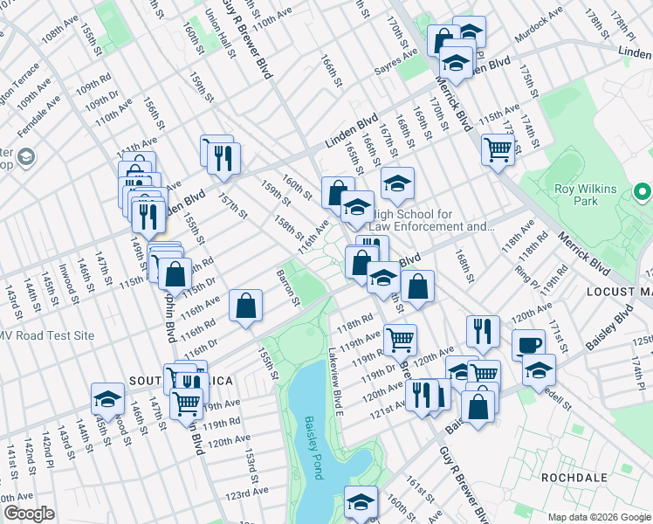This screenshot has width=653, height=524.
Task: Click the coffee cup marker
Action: [527, 344]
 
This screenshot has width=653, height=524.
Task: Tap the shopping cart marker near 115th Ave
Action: [497, 149]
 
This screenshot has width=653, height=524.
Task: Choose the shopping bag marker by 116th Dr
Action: [246, 306]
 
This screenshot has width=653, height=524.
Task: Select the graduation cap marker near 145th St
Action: [107, 398]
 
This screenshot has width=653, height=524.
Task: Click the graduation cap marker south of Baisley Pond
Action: [360, 501]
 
